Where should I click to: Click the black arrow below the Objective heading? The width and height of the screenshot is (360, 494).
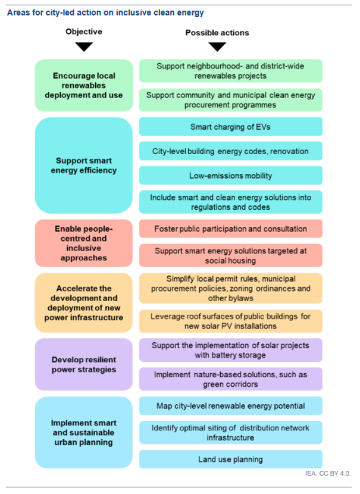click(84, 46)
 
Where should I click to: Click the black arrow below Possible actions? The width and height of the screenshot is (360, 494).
click(217, 46)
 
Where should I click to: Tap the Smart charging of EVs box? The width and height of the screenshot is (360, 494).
click(230, 127)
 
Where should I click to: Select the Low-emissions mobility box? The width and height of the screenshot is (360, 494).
click(230, 176)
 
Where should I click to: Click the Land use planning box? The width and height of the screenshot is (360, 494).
click(230, 459)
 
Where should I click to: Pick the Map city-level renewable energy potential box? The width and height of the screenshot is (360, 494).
click(230, 406)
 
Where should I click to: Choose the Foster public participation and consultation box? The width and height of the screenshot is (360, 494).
click(230, 229)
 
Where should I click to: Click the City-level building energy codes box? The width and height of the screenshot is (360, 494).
click(230, 151)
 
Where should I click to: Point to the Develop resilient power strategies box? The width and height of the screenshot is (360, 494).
click(84, 364)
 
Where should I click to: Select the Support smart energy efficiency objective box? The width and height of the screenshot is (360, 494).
click(84, 165)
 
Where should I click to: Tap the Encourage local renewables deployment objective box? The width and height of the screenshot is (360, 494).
click(84, 85)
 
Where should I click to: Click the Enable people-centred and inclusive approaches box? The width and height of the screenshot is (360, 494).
click(84, 243)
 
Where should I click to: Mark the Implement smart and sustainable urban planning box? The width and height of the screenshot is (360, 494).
click(84, 432)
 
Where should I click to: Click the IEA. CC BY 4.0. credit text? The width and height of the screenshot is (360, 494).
click(327, 474)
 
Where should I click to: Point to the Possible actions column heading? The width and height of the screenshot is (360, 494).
click(217, 33)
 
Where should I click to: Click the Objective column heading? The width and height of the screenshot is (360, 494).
click(84, 32)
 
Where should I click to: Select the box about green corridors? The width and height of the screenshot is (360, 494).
click(230, 379)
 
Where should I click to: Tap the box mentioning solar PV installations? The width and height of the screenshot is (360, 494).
click(230, 321)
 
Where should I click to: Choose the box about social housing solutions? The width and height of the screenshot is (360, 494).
click(230, 255)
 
